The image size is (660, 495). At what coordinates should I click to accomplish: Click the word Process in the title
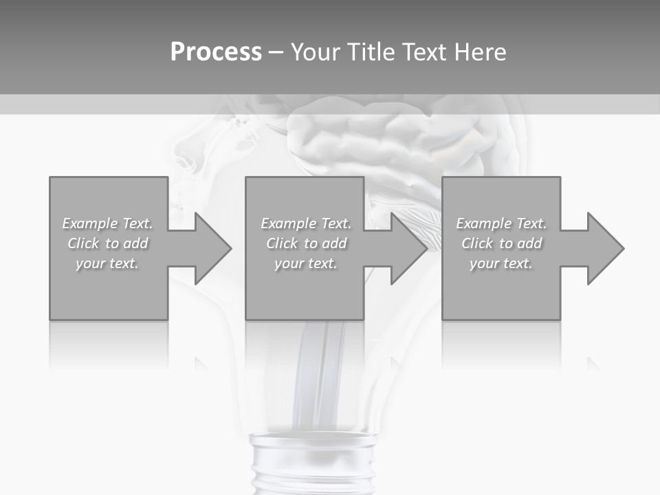(216, 52)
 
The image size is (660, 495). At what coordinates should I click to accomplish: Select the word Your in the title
(316, 52)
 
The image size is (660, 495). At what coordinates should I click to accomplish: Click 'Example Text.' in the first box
(107, 223)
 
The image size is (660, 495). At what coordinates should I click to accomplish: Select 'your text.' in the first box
(107, 263)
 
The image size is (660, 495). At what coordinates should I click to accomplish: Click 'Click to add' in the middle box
(306, 243)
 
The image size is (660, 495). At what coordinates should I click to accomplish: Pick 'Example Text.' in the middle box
(306, 223)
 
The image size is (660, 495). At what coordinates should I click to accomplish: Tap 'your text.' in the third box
(501, 263)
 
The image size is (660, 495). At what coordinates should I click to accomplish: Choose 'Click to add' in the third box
(501, 243)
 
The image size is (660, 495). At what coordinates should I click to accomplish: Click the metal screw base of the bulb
(313, 464)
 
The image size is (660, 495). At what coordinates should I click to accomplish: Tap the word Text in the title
(422, 52)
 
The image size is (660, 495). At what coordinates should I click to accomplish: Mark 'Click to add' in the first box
(107, 243)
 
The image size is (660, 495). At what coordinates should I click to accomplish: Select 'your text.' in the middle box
(306, 263)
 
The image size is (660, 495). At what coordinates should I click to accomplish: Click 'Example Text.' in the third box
(501, 223)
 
